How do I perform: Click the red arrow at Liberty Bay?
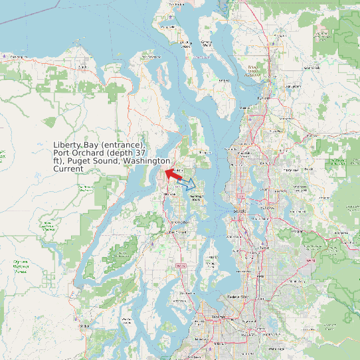(x=171, y=175)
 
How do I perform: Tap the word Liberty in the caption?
(x=67, y=145)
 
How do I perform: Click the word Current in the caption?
(x=68, y=169)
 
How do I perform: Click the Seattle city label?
(x=239, y=211)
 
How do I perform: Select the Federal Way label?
(x=237, y=296)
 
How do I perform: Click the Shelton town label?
(x=84, y=326)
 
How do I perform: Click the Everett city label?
(x=264, y=98)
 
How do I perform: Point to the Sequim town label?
(x=83, y=67)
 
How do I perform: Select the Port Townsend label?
(x=152, y=57)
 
